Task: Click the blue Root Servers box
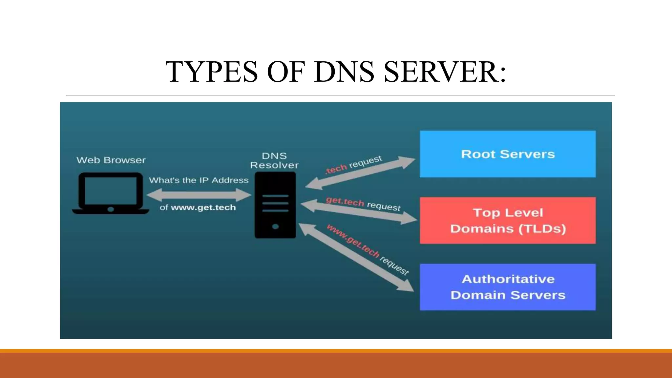click(x=508, y=154)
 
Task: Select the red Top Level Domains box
click(x=508, y=220)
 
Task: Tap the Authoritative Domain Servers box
click(x=508, y=287)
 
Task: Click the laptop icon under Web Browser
click(x=111, y=193)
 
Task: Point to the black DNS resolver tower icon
click(x=275, y=205)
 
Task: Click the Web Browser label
click(x=111, y=160)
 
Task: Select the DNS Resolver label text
click(x=274, y=160)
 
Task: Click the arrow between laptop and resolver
click(x=199, y=195)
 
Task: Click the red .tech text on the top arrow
click(x=336, y=169)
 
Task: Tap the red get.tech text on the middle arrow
click(x=345, y=201)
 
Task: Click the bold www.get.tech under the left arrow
click(x=203, y=207)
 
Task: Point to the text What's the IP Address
click(x=199, y=180)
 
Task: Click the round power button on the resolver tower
click(x=275, y=226)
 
